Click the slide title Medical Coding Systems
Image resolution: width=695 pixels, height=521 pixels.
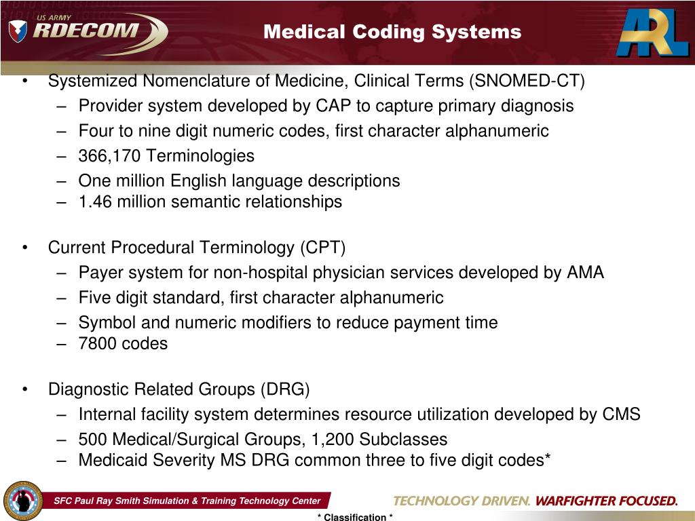click(x=392, y=32)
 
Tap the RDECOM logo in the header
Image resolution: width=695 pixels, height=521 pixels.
click(x=88, y=31)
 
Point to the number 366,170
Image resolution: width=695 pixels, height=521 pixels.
click(x=110, y=156)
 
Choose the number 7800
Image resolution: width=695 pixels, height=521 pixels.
click(x=97, y=343)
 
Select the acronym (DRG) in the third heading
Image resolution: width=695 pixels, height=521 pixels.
click(x=284, y=389)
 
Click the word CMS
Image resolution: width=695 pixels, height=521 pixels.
click(x=621, y=414)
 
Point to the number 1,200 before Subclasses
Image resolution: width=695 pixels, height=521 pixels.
click(x=335, y=439)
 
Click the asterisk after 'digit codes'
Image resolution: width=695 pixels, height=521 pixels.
click(x=546, y=459)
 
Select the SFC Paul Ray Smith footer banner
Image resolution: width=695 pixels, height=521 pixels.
click(x=187, y=501)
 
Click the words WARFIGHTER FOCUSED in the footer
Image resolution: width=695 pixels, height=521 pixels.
click(x=606, y=501)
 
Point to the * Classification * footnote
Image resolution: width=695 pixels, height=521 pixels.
click(x=355, y=517)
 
